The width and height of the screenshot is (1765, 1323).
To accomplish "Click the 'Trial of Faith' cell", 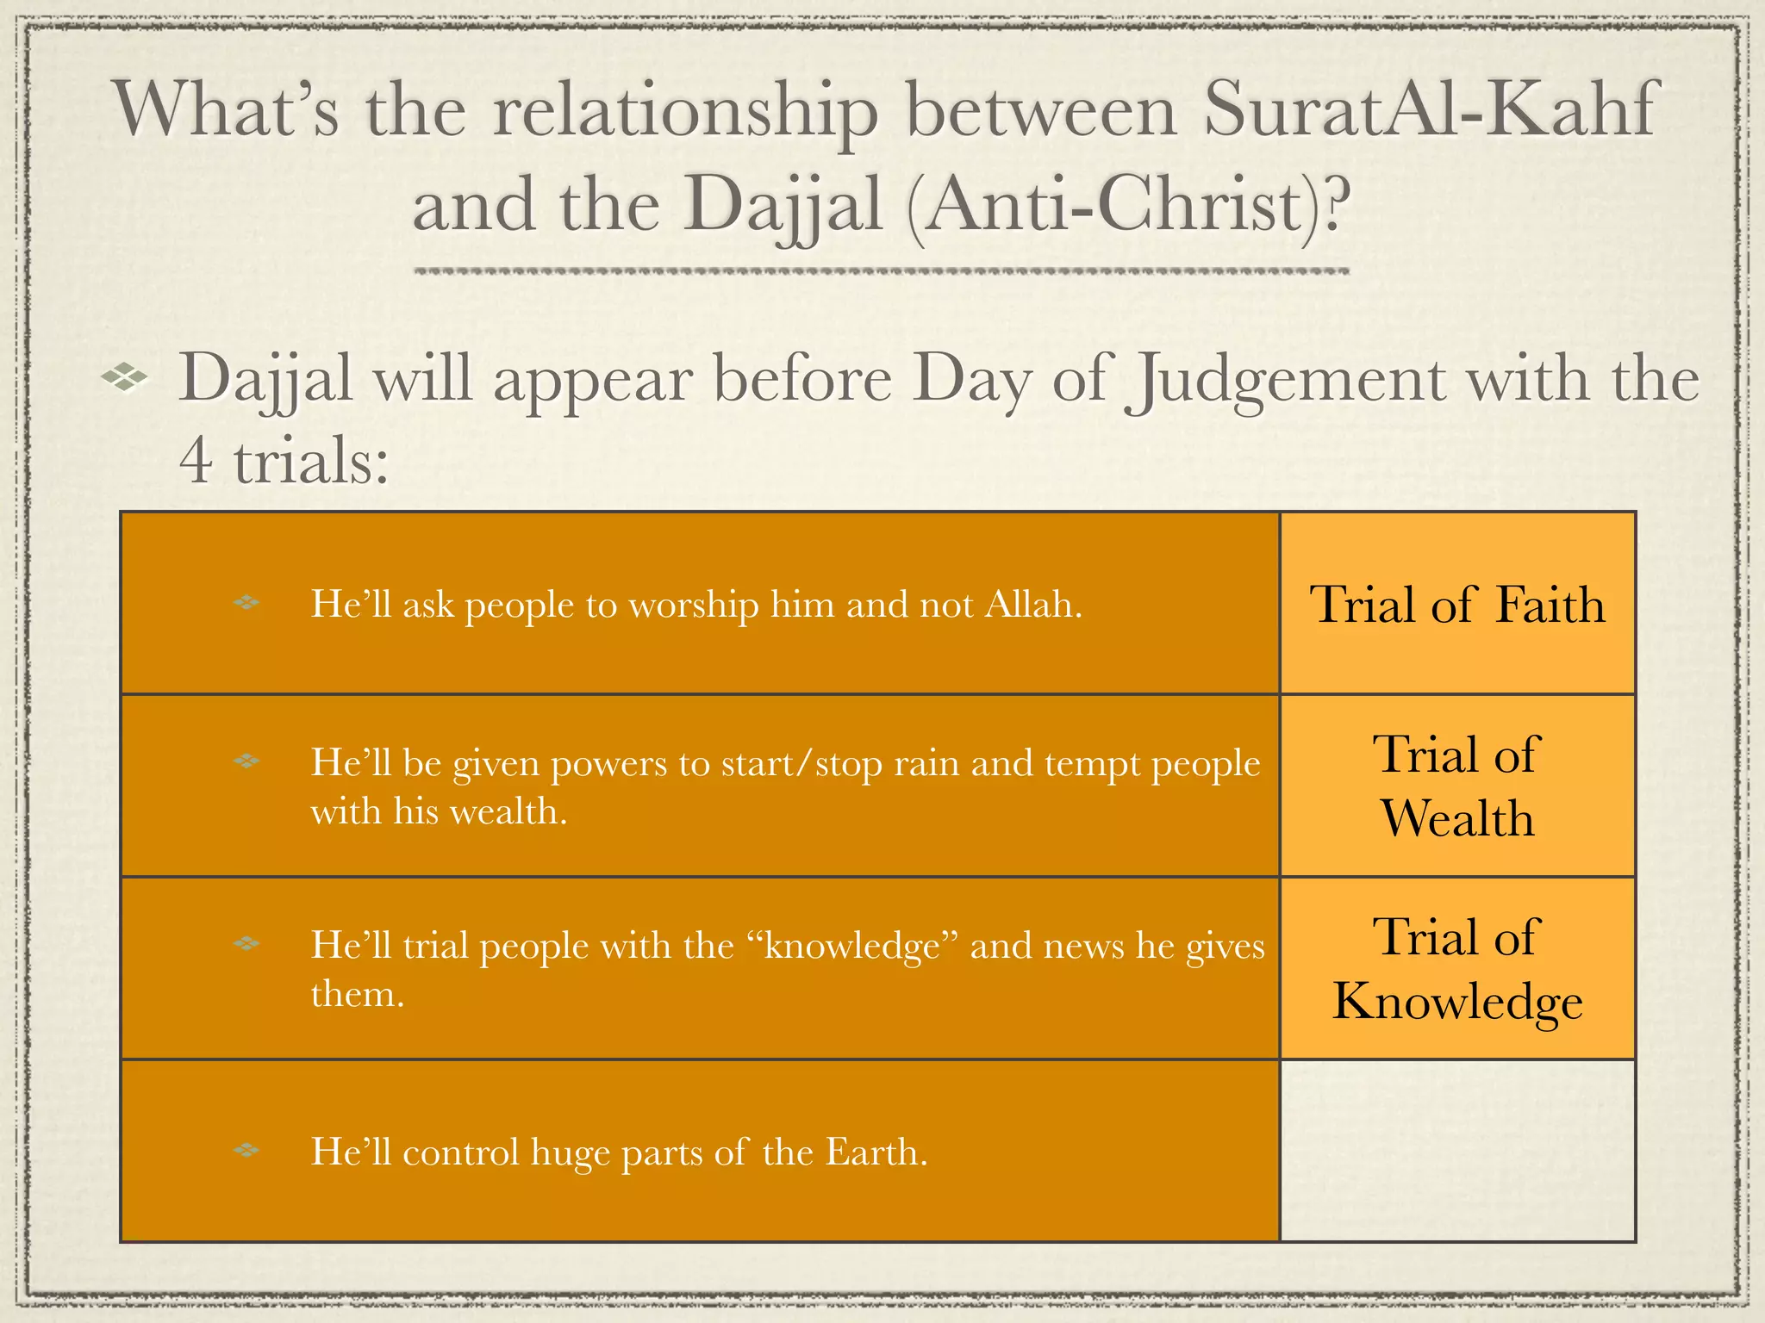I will pyautogui.click(x=1457, y=604).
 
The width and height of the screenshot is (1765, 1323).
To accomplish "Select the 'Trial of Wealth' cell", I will pyautogui.click(x=1457, y=786).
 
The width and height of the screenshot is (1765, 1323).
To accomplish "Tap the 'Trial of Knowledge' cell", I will pyautogui.click(x=1457, y=968).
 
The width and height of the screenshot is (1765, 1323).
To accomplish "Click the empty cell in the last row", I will pyautogui.click(x=1457, y=1151).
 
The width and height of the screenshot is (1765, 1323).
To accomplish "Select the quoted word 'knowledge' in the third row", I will pyautogui.click(x=852, y=946).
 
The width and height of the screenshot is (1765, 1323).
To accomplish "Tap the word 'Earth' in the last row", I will pyautogui.click(x=876, y=1152).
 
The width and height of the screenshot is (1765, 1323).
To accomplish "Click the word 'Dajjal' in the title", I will pyautogui.click(x=784, y=205).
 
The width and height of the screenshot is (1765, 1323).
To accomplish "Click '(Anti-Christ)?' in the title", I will pyautogui.click(x=1128, y=205).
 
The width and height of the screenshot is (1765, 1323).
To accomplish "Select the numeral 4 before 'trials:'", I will pyautogui.click(x=196, y=460).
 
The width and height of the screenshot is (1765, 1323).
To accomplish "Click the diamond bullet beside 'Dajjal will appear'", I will pyautogui.click(x=124, y=376).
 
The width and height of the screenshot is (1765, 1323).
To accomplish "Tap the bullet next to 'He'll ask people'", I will pyautogui.click(x=246, y=603).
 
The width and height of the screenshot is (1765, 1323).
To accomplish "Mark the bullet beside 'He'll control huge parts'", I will pyautogui.click(x=246, y=1150).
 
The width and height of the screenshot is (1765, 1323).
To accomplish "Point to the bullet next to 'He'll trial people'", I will pyautogui.click(x=246, y=944).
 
